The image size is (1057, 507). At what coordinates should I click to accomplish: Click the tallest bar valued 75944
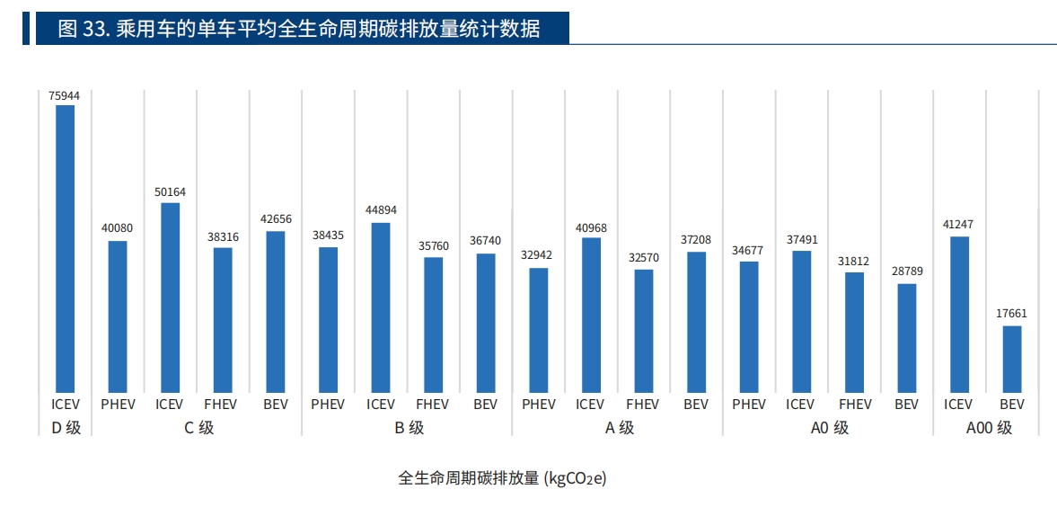(66, 248)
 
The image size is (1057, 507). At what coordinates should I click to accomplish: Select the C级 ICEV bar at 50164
(170, 297)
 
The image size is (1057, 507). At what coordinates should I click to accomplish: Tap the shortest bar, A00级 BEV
(1012, 358)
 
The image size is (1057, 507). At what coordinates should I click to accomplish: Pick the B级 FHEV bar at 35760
(434, 324)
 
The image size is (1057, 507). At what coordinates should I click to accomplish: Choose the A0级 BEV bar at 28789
(907, 337)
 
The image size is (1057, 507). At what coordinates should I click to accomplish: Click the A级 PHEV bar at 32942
(539, 329)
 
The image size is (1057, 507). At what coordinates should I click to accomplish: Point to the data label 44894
(381, 210)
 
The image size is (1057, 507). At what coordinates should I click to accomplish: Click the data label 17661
(1012, 314)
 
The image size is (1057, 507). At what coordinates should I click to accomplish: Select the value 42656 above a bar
(276, 218)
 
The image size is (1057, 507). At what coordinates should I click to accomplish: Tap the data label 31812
(854, 261)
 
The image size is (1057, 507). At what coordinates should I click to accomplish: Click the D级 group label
(66, 428)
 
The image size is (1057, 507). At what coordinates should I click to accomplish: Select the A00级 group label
(989, 428)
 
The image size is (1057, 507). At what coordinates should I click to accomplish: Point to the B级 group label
(409, 428)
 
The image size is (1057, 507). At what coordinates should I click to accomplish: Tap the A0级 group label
(829, 428)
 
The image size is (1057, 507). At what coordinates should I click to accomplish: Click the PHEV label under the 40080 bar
(118, 405)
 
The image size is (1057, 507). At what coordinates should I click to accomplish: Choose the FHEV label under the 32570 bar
(643, 405)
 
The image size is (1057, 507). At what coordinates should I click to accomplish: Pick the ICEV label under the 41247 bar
(958, 405)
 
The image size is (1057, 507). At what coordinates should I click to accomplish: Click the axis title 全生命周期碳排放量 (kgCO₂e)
(503, 477)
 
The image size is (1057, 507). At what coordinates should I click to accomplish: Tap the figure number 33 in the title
(95, 28)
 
